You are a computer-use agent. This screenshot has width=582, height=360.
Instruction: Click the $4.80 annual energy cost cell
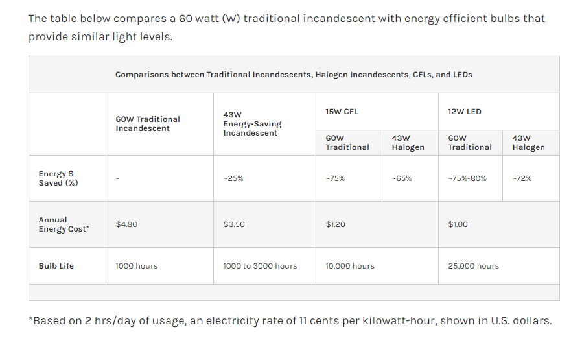pyautogui.click(x=126, y=224)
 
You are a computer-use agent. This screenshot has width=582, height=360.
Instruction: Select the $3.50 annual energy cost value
pyautogui.click(x=234, y=224)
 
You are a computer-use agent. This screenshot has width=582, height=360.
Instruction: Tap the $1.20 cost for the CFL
pyautogui.click(x=336, y=224)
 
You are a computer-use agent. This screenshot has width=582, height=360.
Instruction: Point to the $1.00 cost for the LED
pyautogui.click(x=458, y=224)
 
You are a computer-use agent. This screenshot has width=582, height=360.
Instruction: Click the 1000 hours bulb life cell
pyautogui.click(x=137, y=266)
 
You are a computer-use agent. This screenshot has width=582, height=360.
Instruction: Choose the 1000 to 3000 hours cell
pyautogui.click(x=260, y=266)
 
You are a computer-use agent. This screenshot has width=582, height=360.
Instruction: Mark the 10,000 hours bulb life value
pyautogui.click(x=350, y=266)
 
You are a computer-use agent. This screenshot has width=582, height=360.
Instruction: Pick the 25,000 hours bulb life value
pyautogui.click(x=474, y=266)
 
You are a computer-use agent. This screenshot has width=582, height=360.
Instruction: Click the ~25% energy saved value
pyautogui.click(x=233, y=178)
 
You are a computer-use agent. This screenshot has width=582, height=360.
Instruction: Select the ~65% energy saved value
pyautogui.click(x=402, y=178)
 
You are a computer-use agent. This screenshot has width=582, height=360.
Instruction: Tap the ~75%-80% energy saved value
pyautogui.click(x=467, y=178)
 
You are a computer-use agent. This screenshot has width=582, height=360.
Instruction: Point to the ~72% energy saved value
pyautogui.click(x=522, y=178)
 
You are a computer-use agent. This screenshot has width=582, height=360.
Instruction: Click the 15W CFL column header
pyautogui.click(x=342, y=112)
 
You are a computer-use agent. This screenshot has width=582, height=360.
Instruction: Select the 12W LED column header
pyautogui.click(x=465, y=112)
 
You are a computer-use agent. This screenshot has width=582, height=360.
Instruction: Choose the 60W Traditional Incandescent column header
pyautogui.click(x=148, y=124)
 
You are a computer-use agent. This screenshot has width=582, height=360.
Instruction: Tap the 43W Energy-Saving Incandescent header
pyautogui.click(x=252, y=124)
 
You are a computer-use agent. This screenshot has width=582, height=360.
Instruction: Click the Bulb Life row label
pyautogui.click(x=56, y=266)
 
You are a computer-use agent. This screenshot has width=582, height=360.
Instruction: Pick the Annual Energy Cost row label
pyautogui.click(x=64, y=224)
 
